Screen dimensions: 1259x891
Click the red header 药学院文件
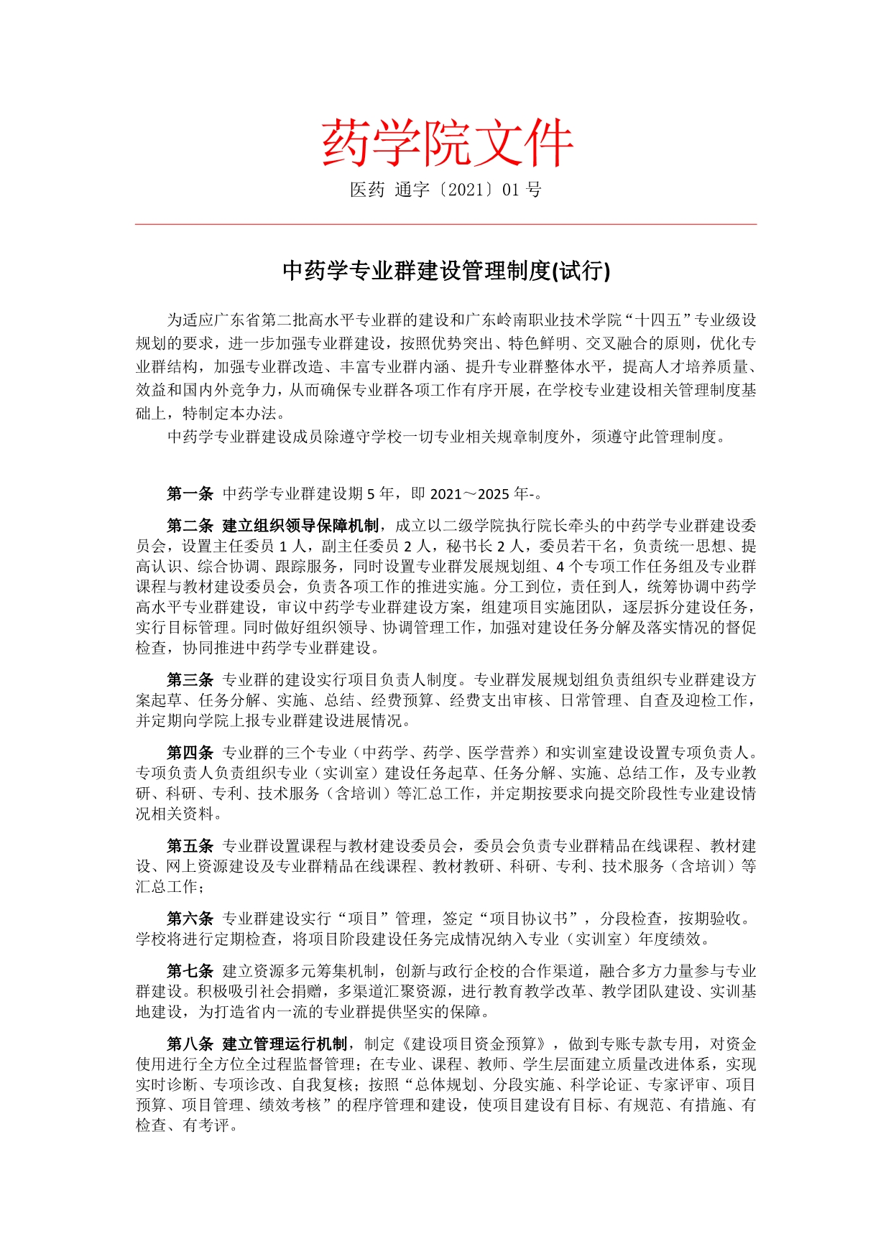coord(446,143)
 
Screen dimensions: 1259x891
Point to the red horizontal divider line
coord(445,224)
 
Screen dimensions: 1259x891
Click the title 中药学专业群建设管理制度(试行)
coord(445,271)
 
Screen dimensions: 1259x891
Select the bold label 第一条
coord(190,493)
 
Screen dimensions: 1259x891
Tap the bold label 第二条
coord(190,526)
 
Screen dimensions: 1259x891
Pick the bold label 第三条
coord(190,679)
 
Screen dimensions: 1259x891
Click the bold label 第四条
coord(190,753)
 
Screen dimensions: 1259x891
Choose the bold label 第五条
coord(190,846)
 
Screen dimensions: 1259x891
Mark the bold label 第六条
coord(190,919)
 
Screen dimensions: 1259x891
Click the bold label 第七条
coord(190,971)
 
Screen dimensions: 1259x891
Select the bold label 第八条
coord(190,1044)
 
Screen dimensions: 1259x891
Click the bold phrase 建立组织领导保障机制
coord(300,526)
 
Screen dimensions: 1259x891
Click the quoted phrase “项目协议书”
coord(531,919)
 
